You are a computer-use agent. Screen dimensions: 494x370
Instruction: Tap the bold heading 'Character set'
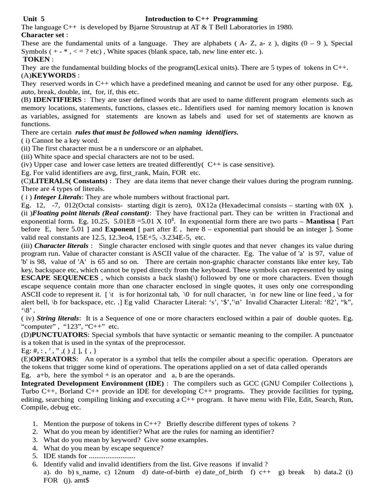[x=43, y=35]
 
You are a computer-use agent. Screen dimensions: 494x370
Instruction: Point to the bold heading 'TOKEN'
[x=37, y=59]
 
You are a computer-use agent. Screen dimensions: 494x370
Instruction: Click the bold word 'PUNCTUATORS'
[x=59, y=335]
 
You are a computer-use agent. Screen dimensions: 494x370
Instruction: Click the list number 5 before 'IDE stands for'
[x=35, y=456]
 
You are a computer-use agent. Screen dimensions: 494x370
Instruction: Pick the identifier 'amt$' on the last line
[x=79, y=480]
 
